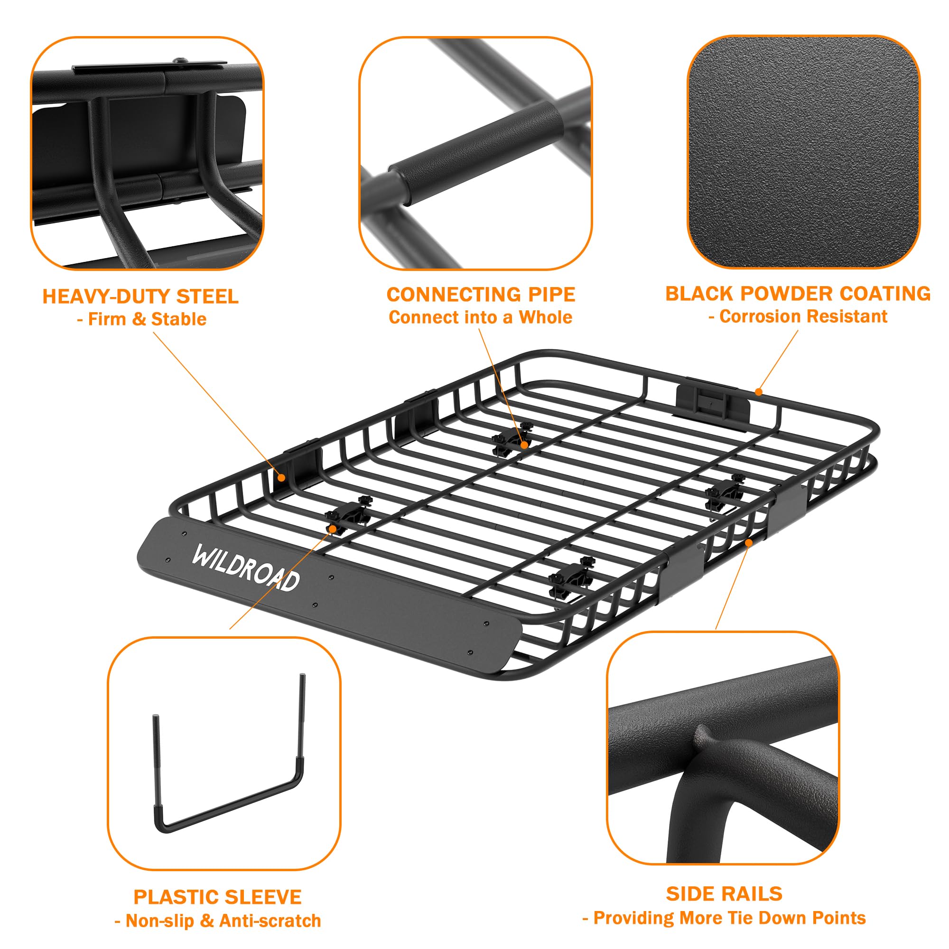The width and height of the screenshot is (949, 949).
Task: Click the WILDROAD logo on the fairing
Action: click(x=246, y=568)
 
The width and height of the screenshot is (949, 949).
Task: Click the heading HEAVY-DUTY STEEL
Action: click(x=140, y=296)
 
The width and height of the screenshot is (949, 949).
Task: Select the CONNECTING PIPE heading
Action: click(x=480, y=294)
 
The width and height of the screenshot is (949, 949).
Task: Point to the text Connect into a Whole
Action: click(x=480, y=317)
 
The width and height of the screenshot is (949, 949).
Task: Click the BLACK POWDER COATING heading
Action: click(x=798, y=293)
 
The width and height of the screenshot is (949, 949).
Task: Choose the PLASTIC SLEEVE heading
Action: click(x=218, y=897)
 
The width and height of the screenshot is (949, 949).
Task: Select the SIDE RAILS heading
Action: click(x=724, y=893)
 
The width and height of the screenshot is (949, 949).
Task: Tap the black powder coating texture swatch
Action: click(x=803, y=152)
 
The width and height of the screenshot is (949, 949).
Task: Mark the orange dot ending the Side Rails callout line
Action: click(x=749, y=542)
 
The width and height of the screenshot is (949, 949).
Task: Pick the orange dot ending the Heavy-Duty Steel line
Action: click(x=281, y=477)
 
